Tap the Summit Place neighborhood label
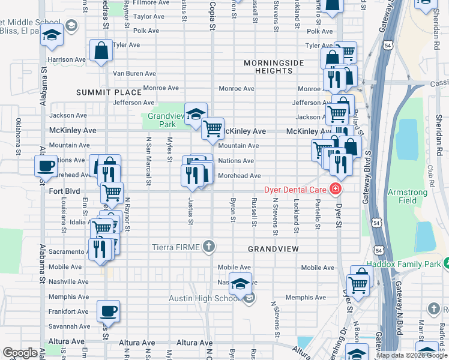point(109,92)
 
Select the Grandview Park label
point(162,120)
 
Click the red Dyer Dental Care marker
point(335,191)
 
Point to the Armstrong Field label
point(408,196)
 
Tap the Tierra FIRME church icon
point(208,247)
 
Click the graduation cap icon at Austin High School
point(240,284)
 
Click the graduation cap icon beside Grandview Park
point(195,113)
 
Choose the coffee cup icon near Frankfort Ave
point(108,311)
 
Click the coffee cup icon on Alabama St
point(45,165)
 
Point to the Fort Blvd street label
point(64,191)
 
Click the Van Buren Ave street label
point(134,74)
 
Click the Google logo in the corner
point(20,353)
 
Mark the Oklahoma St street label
point(19,129)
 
